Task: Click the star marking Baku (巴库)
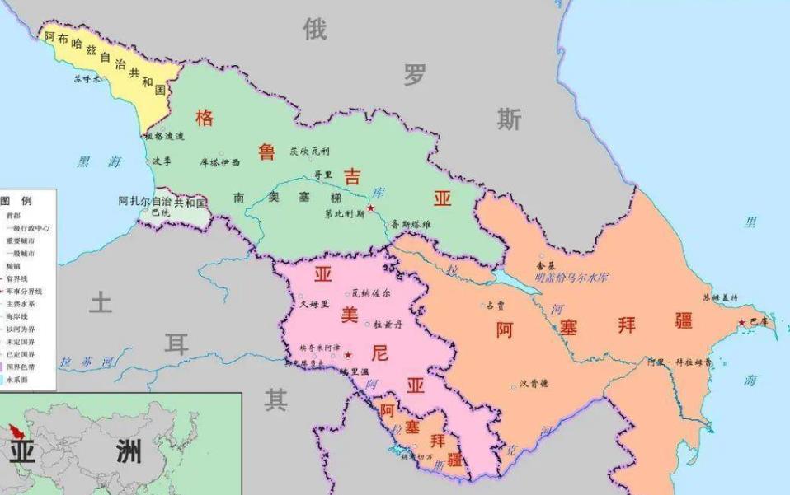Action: [742, 322]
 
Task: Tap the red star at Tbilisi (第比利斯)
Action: [371, 209]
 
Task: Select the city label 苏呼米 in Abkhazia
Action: [87, 79]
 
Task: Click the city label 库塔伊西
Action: [219, 162]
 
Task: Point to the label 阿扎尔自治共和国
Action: [162, 200]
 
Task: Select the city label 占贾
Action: [495, 305]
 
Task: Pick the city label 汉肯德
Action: [534, 383]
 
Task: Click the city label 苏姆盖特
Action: [719, 298]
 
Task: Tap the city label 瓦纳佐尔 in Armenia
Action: [371, 292]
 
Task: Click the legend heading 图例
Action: [16, 200]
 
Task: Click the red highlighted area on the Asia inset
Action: [15, 432]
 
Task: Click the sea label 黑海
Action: [99, 162]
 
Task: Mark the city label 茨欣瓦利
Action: [309, 151]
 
